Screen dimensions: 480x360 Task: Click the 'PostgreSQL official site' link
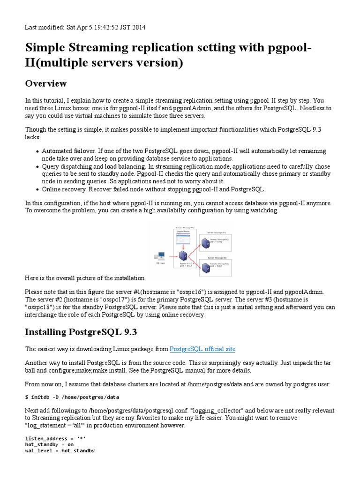pyautogui.click(x=202, y=349)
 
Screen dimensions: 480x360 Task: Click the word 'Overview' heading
pyautogui.click(x=46, y=83)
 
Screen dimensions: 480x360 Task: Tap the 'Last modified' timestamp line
pyautogui.click(x=85, y=27)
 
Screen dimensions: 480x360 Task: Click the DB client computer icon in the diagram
pyautogui.click(x=161, y=256)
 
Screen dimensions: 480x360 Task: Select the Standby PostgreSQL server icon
pyautogui.click(x=205, y=267)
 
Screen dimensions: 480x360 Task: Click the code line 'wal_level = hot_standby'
pyautogui.click(x=60, y=450)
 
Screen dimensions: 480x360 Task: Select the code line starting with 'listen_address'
pyautogui.click(x=55, y=437)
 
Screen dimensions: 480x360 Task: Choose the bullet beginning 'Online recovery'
pyautogui.click(x=153, y=189)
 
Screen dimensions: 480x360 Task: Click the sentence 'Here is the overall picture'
pyautogui.click(x=85, y=278)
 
